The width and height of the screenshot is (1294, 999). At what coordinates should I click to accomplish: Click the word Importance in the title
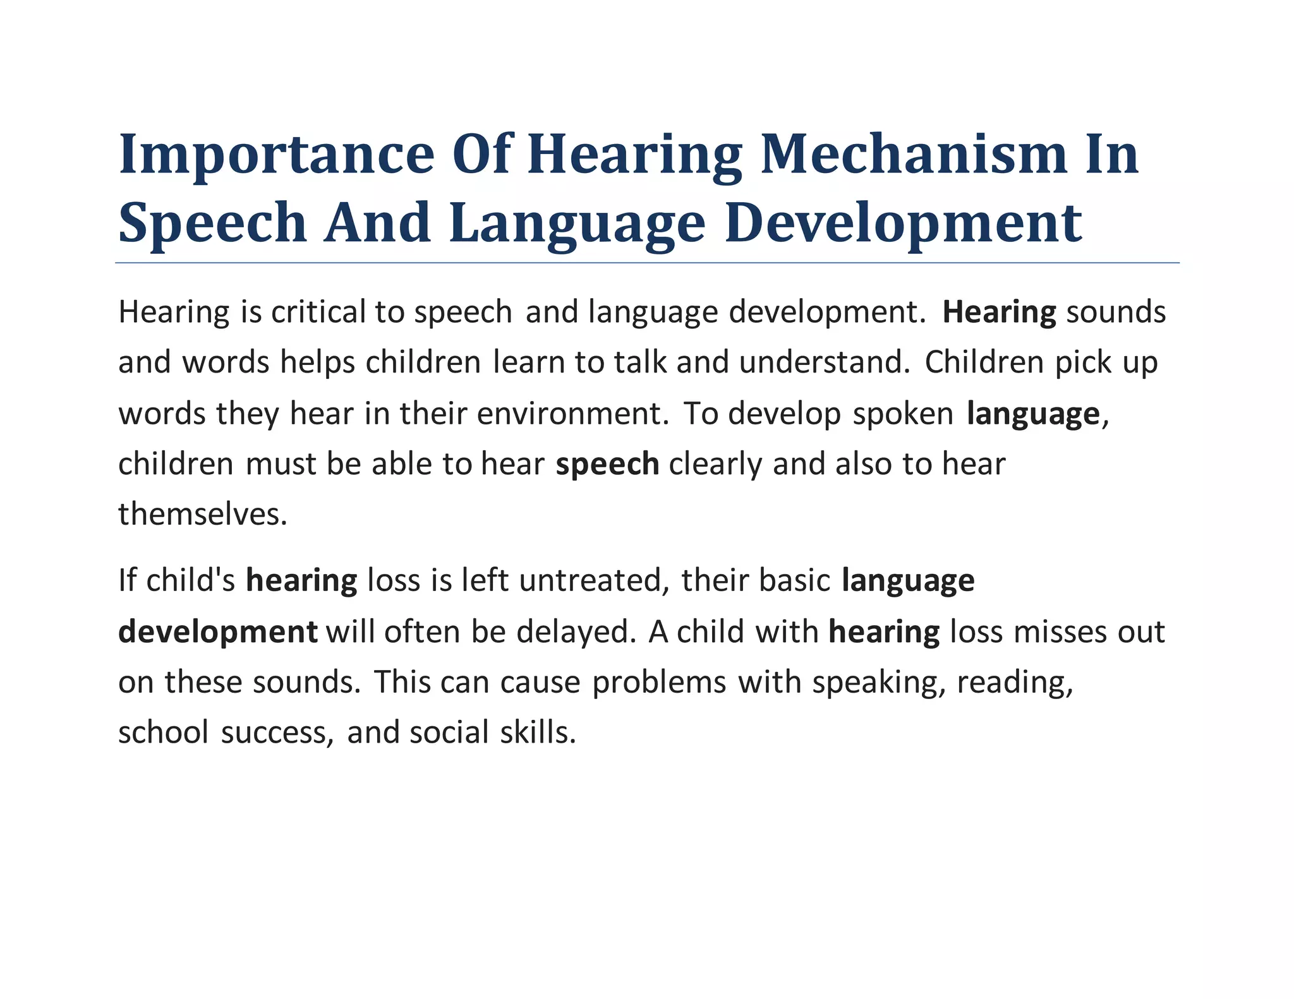[x=276, y=155]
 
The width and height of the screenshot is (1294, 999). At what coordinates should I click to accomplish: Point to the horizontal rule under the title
[x=647, y=263]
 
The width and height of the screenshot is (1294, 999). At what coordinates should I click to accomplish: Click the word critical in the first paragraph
[x=318, y=312]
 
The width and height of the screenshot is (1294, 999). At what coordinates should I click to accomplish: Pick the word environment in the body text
[x=572, y=414]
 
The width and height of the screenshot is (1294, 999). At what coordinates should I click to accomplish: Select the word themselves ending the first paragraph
[x=203, y=514]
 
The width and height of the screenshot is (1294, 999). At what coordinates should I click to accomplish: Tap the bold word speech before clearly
[x=607, y=464]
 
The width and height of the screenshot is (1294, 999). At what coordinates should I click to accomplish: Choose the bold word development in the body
[x=218, y=631]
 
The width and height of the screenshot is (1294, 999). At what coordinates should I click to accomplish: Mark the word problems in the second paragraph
[x=659, y=683]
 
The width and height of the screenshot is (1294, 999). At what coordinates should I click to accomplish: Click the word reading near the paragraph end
[x=1015, y=683]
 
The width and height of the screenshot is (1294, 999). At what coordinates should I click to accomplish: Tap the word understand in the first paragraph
[x=825, y=362]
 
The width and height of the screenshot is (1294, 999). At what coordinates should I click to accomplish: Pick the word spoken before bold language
[x=903, y=414]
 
